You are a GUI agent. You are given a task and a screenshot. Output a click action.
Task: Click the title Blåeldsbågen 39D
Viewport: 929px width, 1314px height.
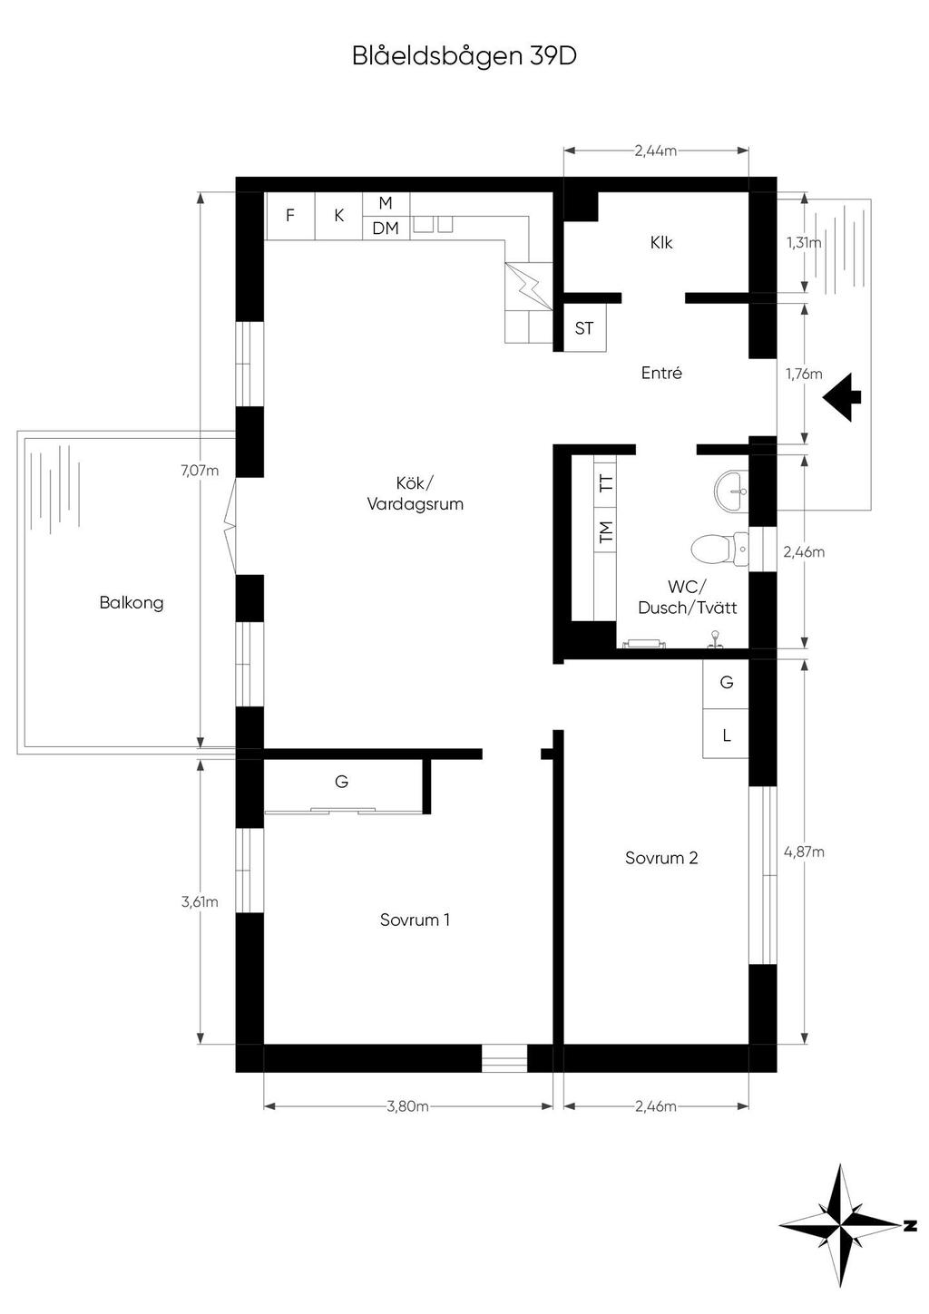[x=464, y=57]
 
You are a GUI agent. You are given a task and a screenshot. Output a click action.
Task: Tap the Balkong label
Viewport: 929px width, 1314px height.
[x=132, y=603]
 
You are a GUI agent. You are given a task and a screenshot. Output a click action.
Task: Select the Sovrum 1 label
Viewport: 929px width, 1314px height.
[x=415, y=920]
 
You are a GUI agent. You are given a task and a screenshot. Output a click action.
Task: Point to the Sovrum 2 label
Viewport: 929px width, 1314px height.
[x=661, y=858]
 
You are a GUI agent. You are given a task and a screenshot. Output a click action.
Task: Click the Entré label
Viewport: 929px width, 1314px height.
[x=661, y=373]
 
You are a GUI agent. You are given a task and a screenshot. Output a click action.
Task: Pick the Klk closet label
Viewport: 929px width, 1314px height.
[x=661, y=242]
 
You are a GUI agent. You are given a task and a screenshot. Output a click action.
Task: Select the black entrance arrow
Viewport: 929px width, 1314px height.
[x=842, y=397]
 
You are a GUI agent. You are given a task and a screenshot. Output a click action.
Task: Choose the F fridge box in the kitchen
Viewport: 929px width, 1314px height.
[x=290, y=216]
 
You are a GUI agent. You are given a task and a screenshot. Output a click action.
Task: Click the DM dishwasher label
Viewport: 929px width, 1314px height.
[x=386, y=229]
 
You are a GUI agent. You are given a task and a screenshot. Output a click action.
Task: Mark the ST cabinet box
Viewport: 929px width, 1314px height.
[x=584, y=328]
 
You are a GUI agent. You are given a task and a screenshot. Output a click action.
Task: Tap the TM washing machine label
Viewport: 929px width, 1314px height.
[x=606, y=531]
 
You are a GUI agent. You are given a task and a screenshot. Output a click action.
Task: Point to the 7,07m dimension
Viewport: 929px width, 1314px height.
[x=200, y=470]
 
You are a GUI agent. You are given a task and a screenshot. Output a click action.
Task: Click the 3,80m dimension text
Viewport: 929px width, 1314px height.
[x=408, y=1105]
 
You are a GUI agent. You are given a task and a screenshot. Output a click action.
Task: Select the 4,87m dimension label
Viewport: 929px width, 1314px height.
[x=804, y=852]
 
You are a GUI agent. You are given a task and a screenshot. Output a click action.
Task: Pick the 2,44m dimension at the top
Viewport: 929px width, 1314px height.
[x=656, y=151]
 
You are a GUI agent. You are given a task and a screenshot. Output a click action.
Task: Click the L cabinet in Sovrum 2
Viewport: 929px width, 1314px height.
[x=726, y=734]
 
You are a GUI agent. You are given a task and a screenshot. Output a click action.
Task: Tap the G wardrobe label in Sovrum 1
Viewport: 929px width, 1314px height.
[x=341, y=781]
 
